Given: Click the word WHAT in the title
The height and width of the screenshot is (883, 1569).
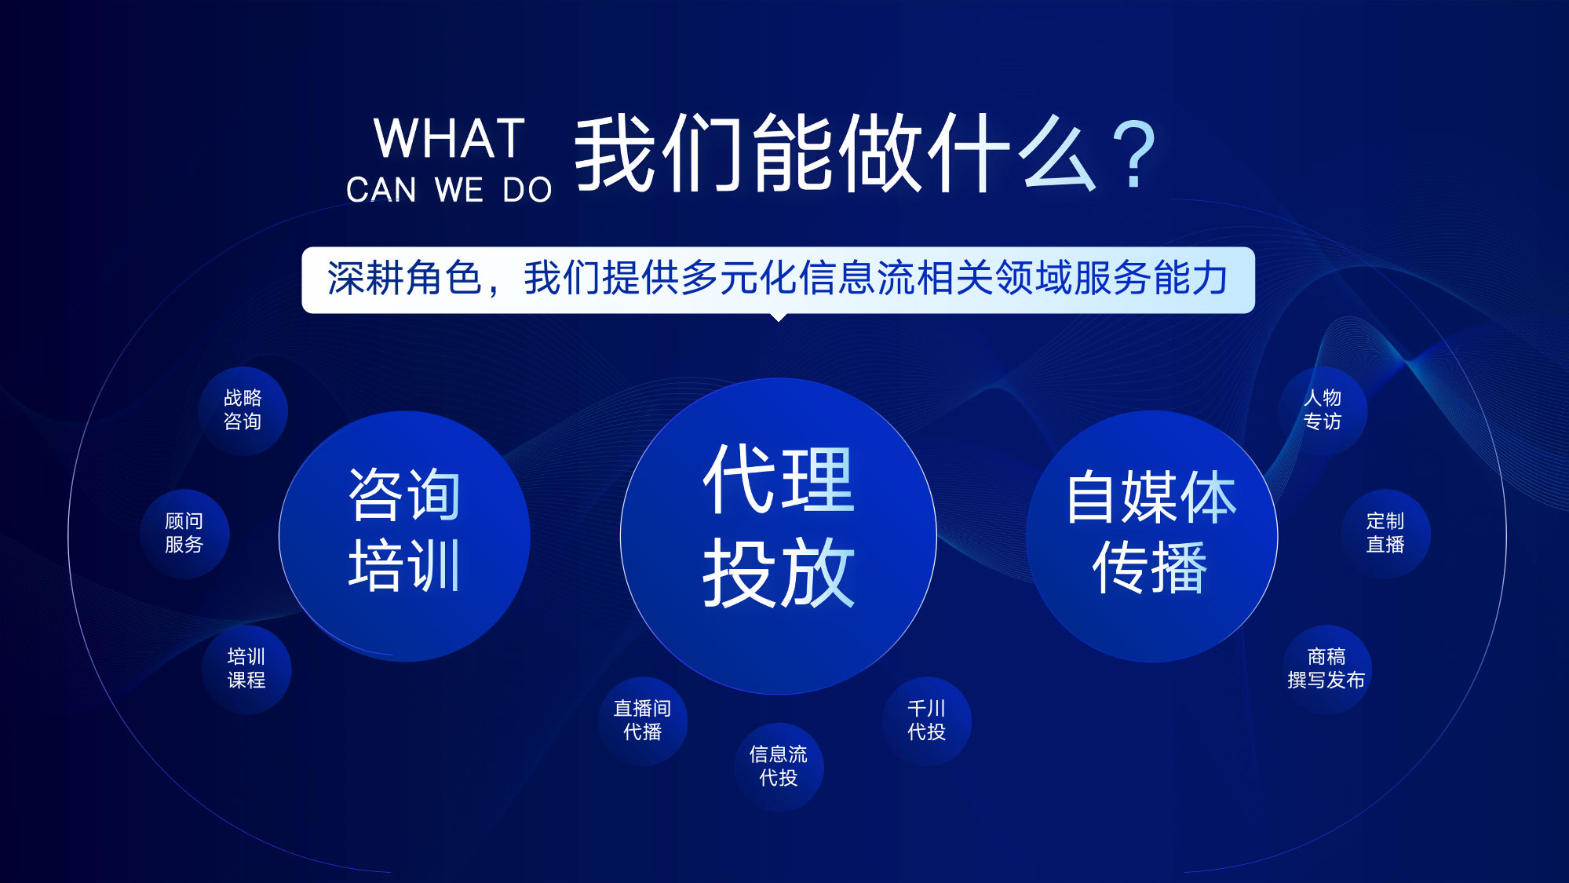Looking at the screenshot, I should click(x=449, y=140).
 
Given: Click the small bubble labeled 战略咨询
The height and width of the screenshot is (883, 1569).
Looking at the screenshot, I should click(x=243, y=410).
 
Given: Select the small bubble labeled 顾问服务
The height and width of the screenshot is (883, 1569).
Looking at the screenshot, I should click(x=184, y=533).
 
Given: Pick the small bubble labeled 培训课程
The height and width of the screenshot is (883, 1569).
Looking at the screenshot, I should click(x=246, y=669).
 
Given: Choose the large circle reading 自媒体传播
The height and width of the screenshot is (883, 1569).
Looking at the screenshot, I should click(x=1151, y=533).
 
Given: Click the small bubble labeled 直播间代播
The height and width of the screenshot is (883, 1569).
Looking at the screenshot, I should click(x=642, y=721).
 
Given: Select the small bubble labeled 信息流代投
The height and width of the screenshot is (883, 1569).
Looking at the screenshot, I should click(x=778, y=766).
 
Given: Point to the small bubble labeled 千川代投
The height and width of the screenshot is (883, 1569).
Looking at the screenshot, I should click(x=926, y=721).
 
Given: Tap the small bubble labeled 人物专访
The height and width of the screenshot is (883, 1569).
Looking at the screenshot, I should click(x=1323, y=410).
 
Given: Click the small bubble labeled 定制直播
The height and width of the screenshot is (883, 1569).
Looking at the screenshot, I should click(x=1385, y=533).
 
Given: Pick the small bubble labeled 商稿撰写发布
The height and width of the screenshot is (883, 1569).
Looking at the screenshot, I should click(x=1326, y=669).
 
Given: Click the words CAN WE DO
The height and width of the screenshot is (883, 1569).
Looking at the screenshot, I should click(x=449, y=191).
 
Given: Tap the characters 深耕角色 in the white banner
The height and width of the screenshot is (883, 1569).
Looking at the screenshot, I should click(x=403, y=279).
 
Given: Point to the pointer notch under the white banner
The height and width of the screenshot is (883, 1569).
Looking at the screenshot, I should click(x=778, y=317).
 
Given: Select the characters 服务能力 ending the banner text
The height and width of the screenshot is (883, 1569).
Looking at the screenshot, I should click(x=1151, y=279).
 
